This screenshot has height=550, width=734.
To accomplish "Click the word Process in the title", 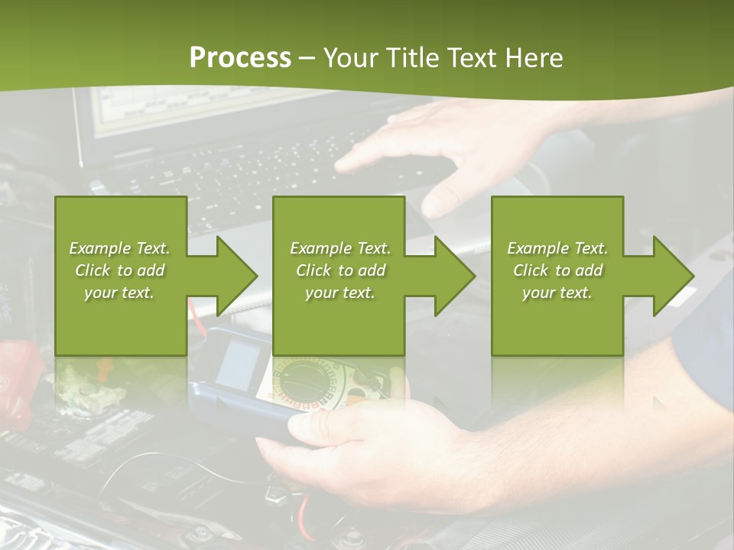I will click(240, 58).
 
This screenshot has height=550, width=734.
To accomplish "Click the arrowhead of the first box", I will click(235, 276).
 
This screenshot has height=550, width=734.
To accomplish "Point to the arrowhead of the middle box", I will click(453, 276).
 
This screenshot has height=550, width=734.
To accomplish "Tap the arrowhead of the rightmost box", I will click(671, 276).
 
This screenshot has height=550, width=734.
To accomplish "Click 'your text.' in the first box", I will click(119, 293).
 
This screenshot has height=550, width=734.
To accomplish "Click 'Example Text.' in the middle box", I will click(340, 248).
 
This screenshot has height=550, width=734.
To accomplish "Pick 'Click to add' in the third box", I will click(558, 270).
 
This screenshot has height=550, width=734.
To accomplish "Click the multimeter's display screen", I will click(236, 363).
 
